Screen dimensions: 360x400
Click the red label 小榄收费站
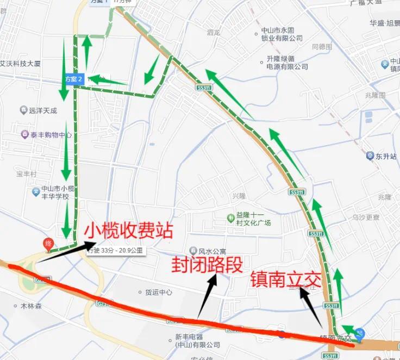128,231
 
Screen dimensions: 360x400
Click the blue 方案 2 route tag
73,79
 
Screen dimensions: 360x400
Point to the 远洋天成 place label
43,110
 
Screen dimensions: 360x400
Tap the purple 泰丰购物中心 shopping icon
24,134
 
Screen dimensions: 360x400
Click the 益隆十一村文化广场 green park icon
231,219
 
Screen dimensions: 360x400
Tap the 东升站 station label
386,156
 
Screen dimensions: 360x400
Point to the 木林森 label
31,306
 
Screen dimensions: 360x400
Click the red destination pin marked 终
48,245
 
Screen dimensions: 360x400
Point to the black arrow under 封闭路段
207,297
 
